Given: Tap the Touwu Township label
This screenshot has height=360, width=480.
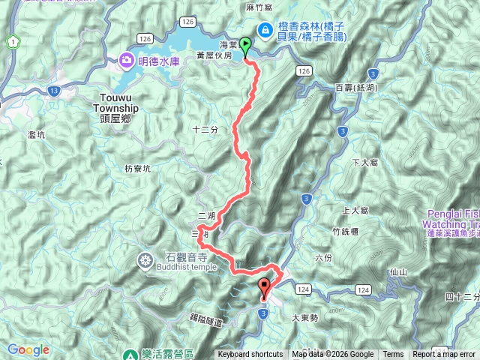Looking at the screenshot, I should (x=115, y=102).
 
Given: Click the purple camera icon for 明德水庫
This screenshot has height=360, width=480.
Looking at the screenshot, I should (x=125, y=61).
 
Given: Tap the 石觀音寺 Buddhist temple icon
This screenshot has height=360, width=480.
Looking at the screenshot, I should (x=145, y=260).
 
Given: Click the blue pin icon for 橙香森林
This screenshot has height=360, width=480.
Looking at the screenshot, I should (x=265, y=29).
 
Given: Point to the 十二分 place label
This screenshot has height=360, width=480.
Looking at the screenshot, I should (x=205, y=129).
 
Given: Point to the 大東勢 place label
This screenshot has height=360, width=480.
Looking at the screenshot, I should (x=304, y=317).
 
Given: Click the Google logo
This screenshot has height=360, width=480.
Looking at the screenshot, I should (x=28, y=349).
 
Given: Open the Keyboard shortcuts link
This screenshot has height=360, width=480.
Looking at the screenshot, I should (x=250, y=355).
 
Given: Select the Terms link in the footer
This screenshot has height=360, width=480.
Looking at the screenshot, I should (x=393, y=355).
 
